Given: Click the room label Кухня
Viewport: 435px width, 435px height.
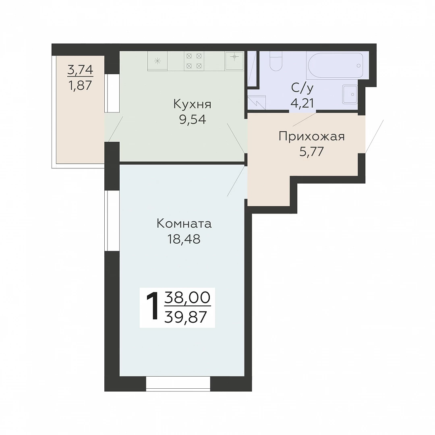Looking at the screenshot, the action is coord(192,105).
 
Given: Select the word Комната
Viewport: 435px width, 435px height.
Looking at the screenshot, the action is coord(184,224).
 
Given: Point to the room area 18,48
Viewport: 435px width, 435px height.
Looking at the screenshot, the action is coord(184,239).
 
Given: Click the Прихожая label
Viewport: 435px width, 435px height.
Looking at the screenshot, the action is coord(311,137).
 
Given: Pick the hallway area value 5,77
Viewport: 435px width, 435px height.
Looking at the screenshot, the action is coord(311,152).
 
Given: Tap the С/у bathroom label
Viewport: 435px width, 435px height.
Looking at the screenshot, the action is coord(302,88).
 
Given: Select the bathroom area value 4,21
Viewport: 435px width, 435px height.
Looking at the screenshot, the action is coord(302,103).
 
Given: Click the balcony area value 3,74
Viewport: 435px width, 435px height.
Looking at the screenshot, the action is coord(80,70).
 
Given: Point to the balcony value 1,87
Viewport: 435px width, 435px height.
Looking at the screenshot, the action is coord(80,85).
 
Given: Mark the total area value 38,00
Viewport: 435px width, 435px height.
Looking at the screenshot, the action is coord(187,298).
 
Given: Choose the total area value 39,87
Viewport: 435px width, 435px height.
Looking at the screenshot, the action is coord(186,317).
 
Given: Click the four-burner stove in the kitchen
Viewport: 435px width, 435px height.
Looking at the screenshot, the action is coord(194,61).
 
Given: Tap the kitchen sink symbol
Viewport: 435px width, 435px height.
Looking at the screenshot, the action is coord(234,60).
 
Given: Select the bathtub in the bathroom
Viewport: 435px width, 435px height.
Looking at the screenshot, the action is coord(335,66).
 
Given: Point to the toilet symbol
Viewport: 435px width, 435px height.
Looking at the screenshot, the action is coord(276,61).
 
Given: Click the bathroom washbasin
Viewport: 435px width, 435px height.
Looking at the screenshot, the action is coord(350,94).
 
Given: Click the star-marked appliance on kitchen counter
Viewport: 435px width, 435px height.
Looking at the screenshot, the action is coord(157,61).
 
